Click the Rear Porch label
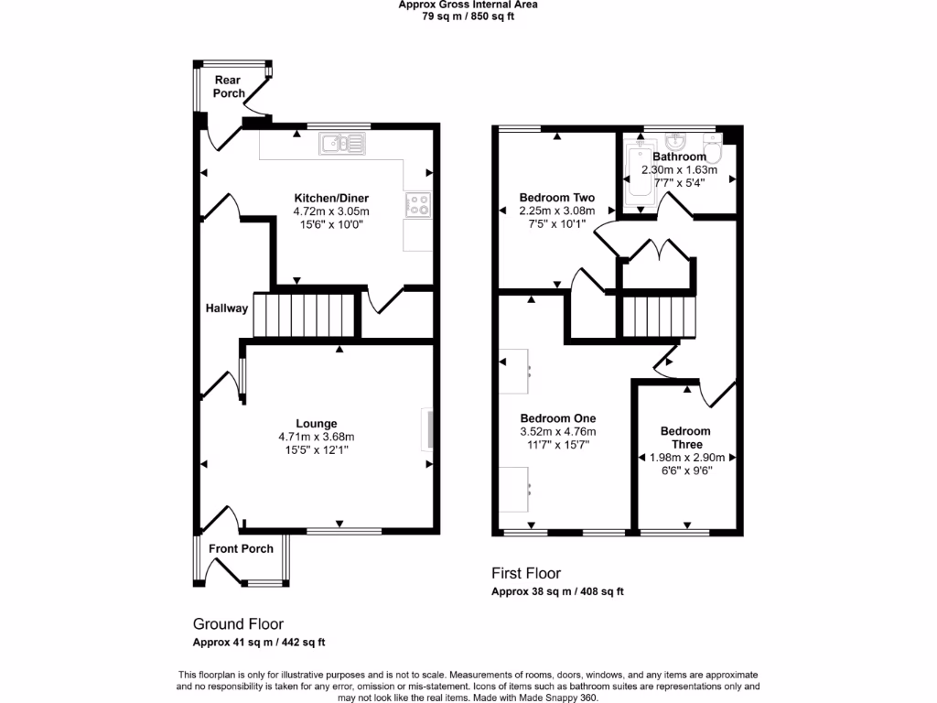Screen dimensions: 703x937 (229, 87)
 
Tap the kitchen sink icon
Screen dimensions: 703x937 (341, 143)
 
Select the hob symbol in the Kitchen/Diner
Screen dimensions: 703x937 (418, 205)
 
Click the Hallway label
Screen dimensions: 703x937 (226, 308)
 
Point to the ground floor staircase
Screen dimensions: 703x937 (304, 315)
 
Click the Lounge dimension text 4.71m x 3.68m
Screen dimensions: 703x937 (316, 437)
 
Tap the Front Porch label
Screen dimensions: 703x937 (241, 549)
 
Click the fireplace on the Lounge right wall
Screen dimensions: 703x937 (428, 430)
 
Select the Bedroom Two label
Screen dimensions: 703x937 (556, 198)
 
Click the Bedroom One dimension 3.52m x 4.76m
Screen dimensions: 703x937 (557, 432)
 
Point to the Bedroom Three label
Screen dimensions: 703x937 (685, 438)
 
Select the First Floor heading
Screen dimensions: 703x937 (526, 574)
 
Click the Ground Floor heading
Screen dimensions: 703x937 (238, 624)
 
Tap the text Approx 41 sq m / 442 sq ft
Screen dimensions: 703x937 (259, 643)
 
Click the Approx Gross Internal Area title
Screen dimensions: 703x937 (468, 5)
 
